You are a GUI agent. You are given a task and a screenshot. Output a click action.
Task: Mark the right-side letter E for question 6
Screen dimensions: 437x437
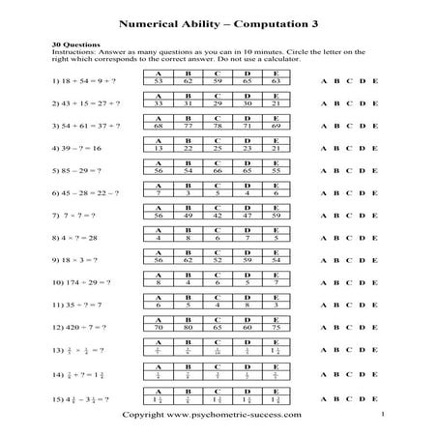click(x=375, y=193)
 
